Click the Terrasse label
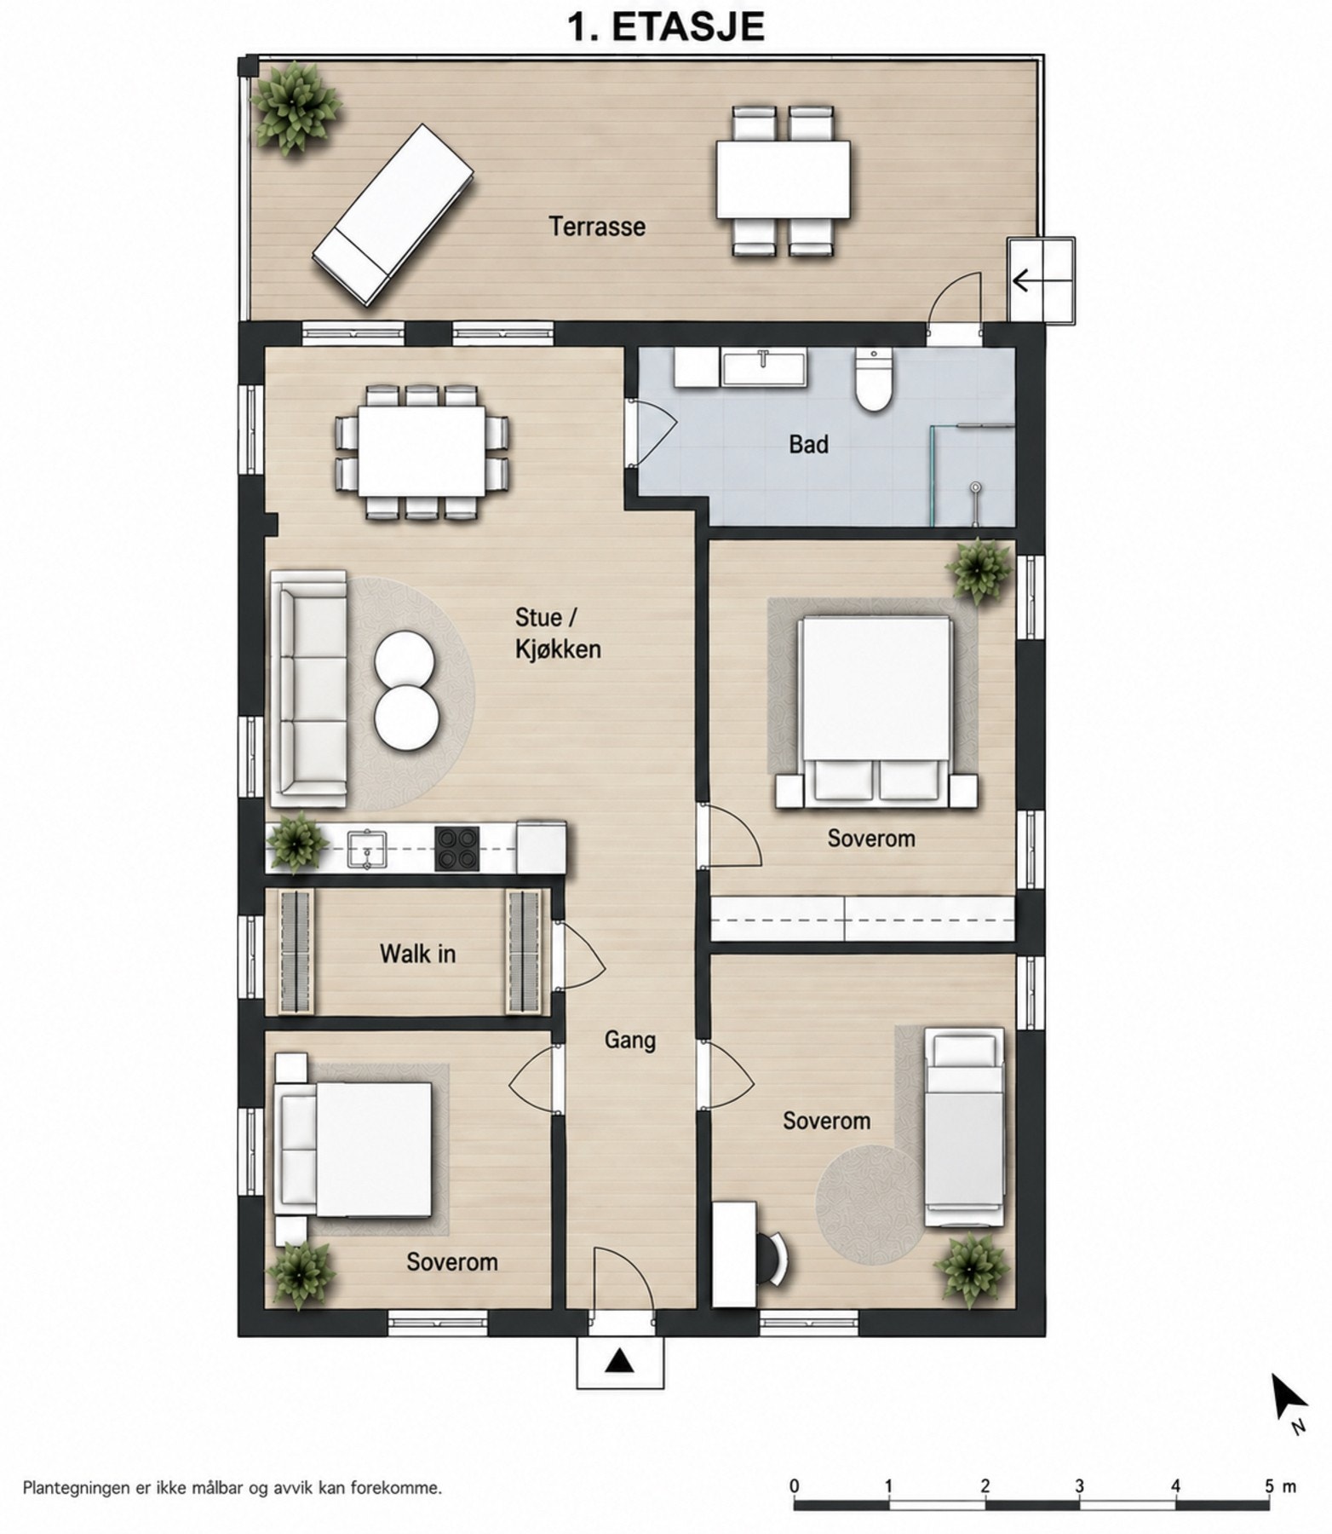[x=596, y=227]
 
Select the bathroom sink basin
[x=764, y=368]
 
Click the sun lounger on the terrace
[x=393, y=215]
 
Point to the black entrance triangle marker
[x=619, y=1361]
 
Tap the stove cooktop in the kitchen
[x=457, y=849]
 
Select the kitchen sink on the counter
[x=367, y=850]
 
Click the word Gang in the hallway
[x=630, y=1041]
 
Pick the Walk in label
[x=417, y=953]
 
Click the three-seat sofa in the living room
[x=308, y=689]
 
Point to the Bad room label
[x=808, y=444]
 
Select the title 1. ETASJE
[x=666, y=27]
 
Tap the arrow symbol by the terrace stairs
[x=1031, y=280]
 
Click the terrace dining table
[x=784, y=180]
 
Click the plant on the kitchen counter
[x=296, y=844]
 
